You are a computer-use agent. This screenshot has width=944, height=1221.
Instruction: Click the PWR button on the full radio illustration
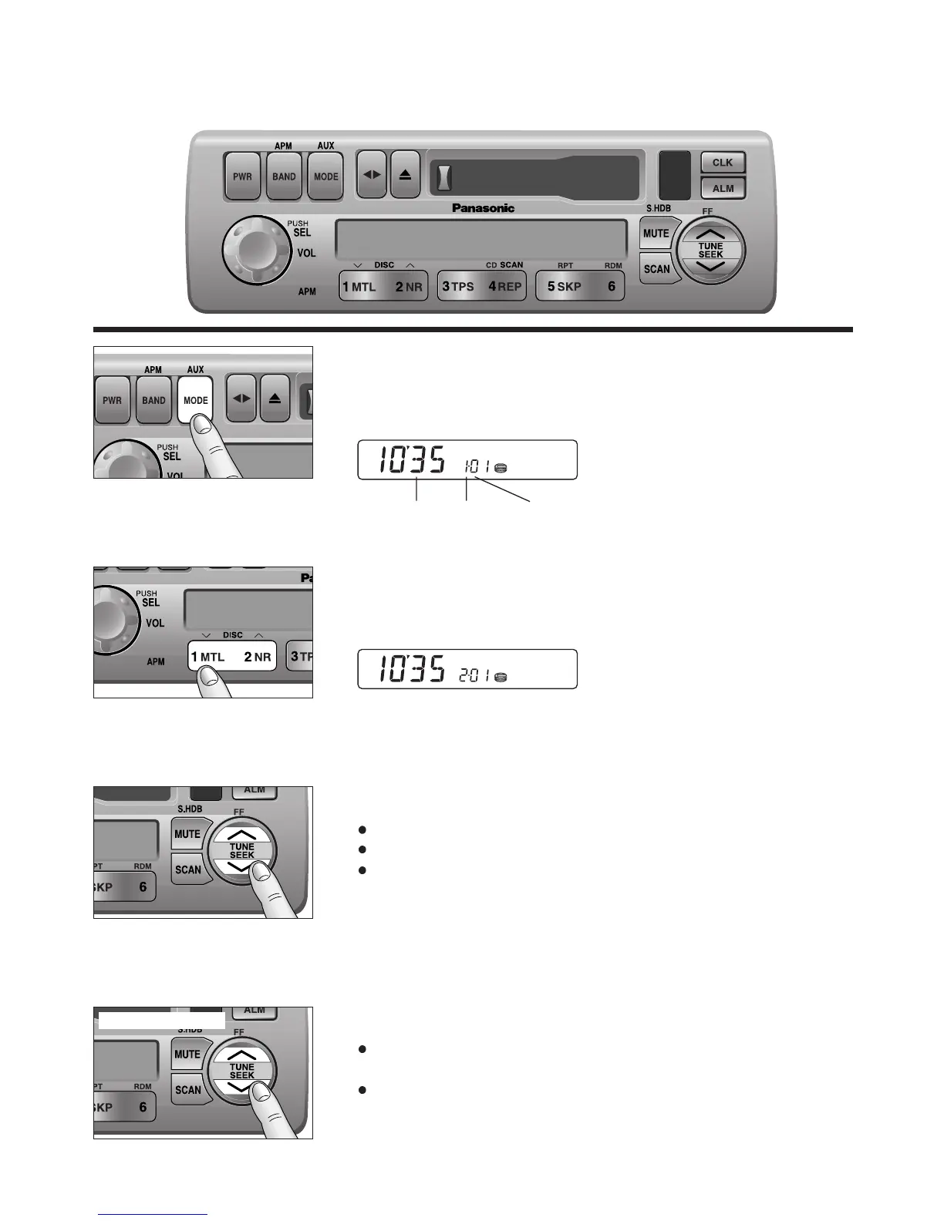242,177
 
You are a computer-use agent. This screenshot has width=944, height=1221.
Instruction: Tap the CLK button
723,163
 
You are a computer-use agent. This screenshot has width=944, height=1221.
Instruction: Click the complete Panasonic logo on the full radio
483,208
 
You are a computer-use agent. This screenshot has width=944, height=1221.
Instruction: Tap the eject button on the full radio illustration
406,175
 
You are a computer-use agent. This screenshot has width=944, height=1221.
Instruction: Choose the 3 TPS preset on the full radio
458,287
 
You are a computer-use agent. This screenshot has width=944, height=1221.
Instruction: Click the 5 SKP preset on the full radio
565,287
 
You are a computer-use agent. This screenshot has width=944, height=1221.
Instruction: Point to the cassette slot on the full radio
534,177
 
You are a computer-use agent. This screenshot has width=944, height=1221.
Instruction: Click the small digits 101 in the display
477,466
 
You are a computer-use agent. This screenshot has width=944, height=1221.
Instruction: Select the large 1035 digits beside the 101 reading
412,461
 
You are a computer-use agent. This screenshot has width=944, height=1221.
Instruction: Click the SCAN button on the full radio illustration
657,269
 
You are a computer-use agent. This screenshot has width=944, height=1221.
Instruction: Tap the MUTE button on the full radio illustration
656,234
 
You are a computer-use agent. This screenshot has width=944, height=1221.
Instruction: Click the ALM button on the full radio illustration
723,188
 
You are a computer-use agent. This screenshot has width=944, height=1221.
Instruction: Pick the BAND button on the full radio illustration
284,177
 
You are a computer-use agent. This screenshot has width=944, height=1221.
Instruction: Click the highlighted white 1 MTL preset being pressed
208,657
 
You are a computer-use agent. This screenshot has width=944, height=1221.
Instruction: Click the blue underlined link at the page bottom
153,1214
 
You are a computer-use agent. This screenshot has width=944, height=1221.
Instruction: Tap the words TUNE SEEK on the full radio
710,251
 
